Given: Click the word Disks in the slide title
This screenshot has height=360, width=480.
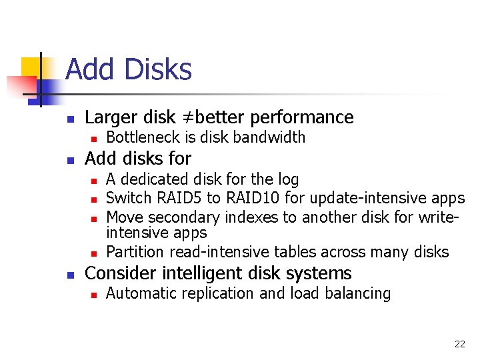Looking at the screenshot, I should click(157, 70).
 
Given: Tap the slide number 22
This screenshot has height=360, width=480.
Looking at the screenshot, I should click(459, 344).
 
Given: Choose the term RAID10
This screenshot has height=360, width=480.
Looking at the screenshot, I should click(251, 199).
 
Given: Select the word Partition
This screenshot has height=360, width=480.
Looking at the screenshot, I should click(135, 252).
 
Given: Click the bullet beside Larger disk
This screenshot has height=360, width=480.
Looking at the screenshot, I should click(69, 119).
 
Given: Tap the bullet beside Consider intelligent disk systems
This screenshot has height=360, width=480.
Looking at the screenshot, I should click(69, 275).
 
